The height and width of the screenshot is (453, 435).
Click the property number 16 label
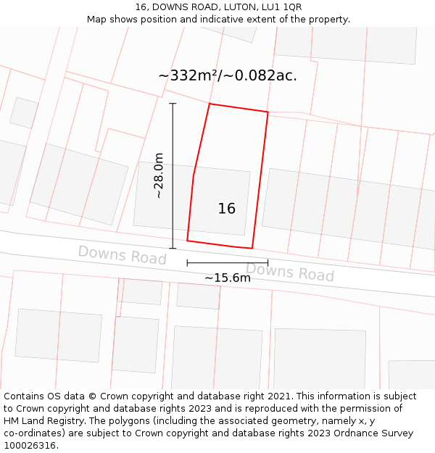226,209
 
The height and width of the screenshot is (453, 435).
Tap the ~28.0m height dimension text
159,175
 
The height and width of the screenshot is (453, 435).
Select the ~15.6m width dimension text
227,278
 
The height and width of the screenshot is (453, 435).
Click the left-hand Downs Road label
122,254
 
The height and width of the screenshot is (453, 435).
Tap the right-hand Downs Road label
289,273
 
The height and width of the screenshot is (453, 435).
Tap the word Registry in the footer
60,421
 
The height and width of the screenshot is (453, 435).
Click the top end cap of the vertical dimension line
173,104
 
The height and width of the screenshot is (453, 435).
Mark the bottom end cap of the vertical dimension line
173,249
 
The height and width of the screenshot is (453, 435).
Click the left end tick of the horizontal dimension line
187,263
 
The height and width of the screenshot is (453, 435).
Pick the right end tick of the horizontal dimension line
268,263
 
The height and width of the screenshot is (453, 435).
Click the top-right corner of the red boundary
268,112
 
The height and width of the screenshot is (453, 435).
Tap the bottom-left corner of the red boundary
187,241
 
